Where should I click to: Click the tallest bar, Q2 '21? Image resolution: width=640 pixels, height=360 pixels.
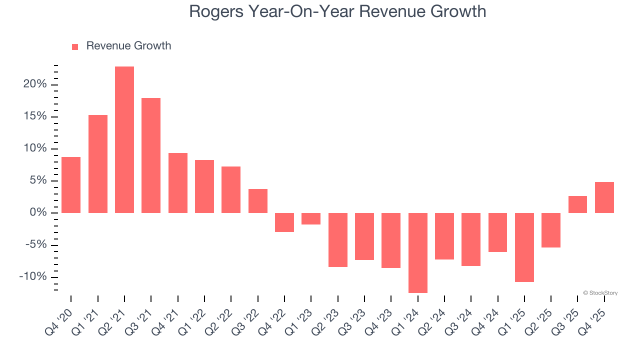coord(124,139)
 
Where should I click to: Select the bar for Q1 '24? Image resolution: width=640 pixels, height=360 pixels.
coord(417,253)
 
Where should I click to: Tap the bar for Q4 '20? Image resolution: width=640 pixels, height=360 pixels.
coord(71,185)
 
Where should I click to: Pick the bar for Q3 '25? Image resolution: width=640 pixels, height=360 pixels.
coord(577,204)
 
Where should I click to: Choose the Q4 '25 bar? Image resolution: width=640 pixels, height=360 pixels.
coord(604,197)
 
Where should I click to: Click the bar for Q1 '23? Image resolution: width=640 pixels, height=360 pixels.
coord(311,219)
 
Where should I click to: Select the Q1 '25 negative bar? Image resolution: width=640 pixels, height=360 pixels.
coord(524,247)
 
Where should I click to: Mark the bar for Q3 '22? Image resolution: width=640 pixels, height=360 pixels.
coord(258,201)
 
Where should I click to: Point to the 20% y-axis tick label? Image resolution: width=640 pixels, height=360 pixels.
coord(34,84)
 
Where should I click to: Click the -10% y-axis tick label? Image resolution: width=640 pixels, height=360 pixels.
coord(33,277)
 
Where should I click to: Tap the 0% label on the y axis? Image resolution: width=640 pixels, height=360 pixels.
coord(38,213)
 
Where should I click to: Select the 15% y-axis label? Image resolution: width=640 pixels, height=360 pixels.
coord(34,116)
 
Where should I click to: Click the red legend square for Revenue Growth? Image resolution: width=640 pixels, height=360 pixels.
coord(75,46)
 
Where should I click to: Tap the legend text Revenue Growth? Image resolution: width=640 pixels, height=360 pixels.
coord(128,46)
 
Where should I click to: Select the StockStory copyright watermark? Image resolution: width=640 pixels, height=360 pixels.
coord(600,293)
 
